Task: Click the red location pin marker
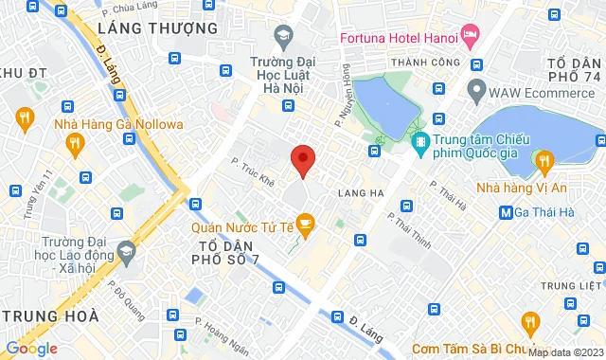pyautogui.click(x=302, y=160)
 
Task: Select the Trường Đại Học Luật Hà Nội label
pyautogui.click(x=281, y=77)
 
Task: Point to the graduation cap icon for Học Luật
pyautogui.click(x=282, y=37)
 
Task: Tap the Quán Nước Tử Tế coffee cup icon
pyautogui.click(x=305, y=224)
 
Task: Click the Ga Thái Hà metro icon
pyautogui.click(x=507, y=211)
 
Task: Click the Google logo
pyautogui.click(x=30, y=349)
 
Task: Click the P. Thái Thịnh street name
pyautogui.click(x=410, y=230)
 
